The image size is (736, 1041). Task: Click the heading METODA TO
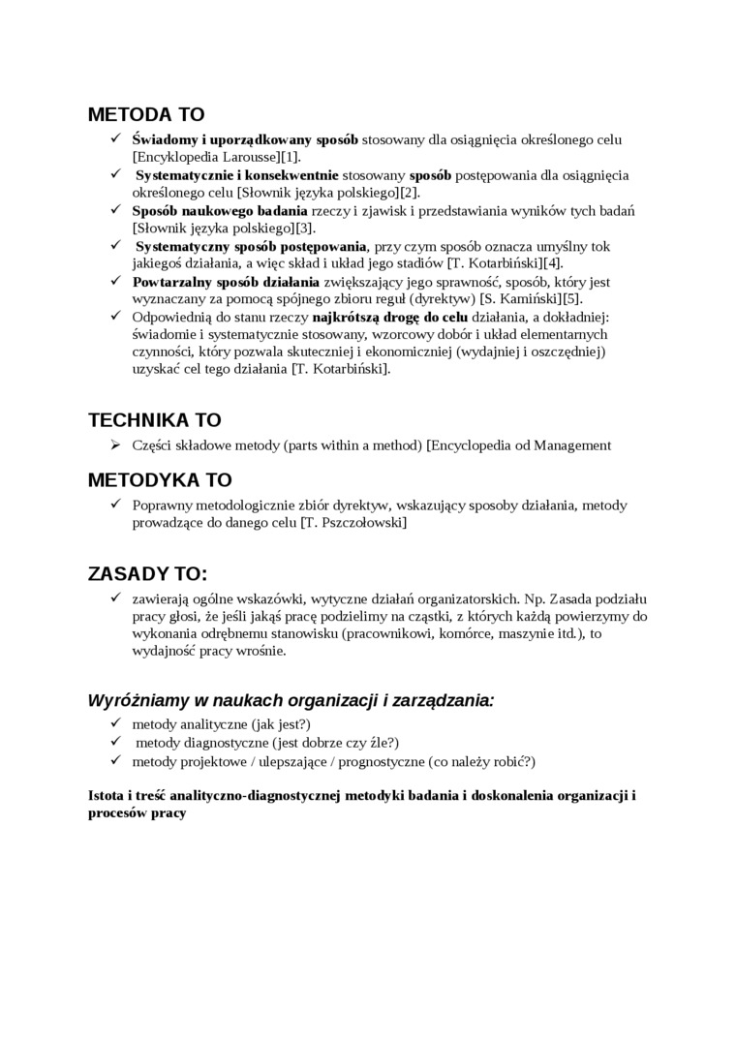[146, 114]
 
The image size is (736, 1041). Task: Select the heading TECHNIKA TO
[155, 420]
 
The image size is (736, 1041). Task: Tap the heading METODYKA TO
[160, 480]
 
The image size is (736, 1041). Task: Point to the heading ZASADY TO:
[147, 572]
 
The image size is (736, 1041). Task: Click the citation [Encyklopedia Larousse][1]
[216, 158]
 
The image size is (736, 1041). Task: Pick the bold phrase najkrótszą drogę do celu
[390, 317]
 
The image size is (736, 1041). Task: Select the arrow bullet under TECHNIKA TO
[114, 445]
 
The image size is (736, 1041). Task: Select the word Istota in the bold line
[105, 795]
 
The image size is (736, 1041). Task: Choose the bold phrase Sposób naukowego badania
[220, 210]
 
